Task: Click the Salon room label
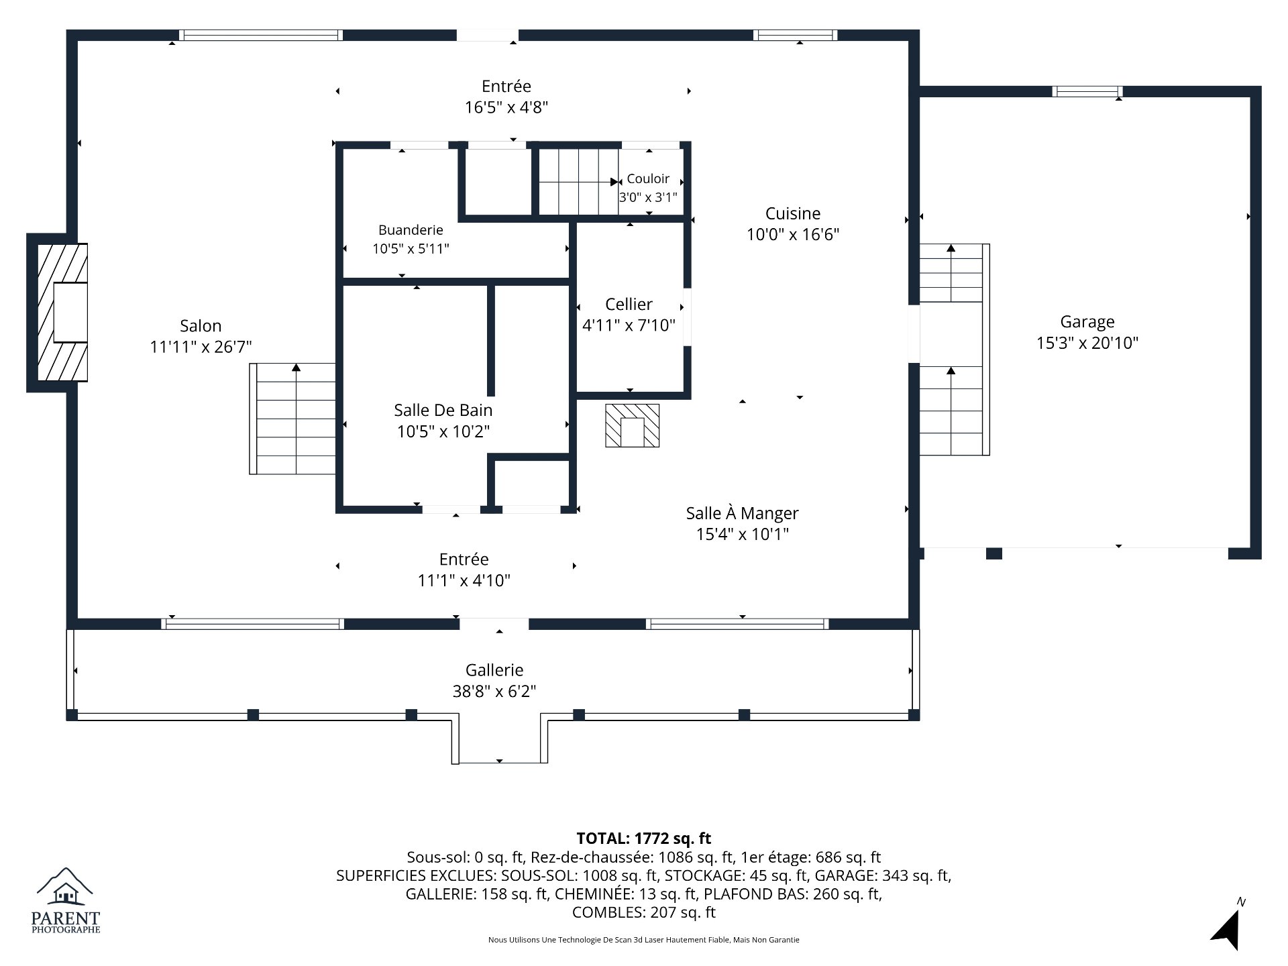[201, 326]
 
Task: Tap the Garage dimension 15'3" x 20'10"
[1087, 343]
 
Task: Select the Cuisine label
[793, 213]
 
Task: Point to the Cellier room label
[629, 305]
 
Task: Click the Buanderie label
[411, 230]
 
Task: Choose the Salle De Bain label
[443, 410]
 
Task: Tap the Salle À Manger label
[742, 513]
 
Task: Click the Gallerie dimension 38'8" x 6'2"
[494, 691]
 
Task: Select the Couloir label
[648, 178]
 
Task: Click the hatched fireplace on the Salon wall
[62, 313]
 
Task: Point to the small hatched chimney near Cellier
[632, 425]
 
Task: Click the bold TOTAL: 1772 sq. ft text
[644, 838]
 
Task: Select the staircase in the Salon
[292, 419]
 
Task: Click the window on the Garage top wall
[1087, 92]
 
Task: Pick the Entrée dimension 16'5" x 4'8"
[506, 107]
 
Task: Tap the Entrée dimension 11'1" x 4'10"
[464, 580]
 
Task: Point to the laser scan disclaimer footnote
[644, 940]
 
